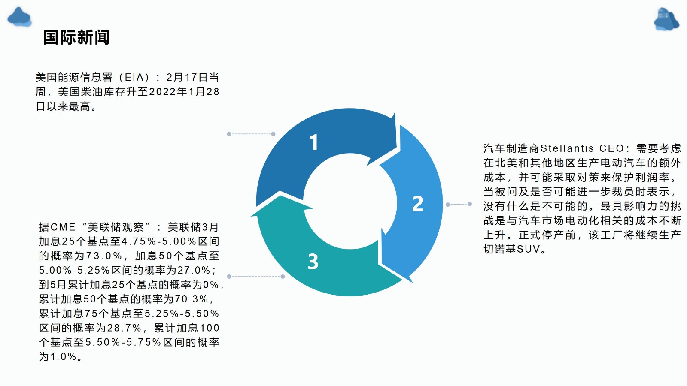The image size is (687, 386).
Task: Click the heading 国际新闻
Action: click(x=76, y=37)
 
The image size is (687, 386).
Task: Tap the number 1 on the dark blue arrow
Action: click(x=313, y=142)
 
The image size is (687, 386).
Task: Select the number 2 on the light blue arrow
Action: click(x=418, y=204)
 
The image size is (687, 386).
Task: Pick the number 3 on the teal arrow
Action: click(x=313, y=262)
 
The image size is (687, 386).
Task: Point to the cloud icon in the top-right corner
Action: click(x=666, y=19)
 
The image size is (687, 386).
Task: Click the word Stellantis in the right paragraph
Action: click(x=567, y=148)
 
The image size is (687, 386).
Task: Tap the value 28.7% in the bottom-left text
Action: click(x=124, y=328)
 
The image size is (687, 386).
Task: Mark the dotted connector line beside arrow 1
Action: click(x=251, y=134)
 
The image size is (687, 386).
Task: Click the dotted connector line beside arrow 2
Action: click(x=459, y=204)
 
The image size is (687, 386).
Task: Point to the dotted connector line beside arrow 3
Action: click(x=256, y=277)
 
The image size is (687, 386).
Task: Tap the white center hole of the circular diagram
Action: click(x=350, y=201)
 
